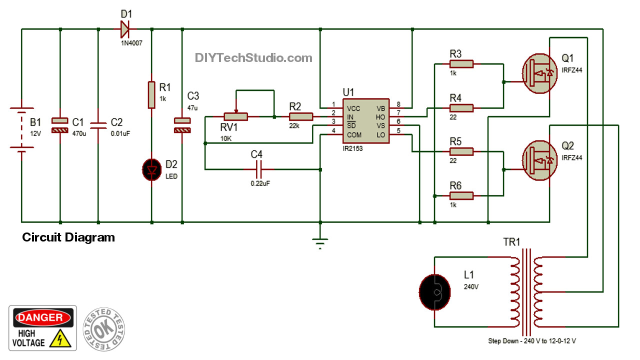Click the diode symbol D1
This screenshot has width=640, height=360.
pos(124,29)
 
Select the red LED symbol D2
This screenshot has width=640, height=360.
pos(151,170)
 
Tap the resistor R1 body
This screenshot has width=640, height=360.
pos(151,95)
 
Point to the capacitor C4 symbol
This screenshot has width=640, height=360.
pos(256,170)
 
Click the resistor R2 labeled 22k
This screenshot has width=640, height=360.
pos(300,117)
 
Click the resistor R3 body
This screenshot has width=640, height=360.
pos(461,64)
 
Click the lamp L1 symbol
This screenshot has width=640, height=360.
pos(433,292)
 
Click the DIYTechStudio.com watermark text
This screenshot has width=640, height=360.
pos(253,58)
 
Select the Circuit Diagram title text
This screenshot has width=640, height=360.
pos(68,237)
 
